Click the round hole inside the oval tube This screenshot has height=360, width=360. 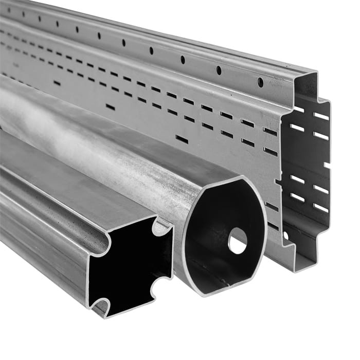point(237,240)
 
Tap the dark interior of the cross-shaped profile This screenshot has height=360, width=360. point(129,265)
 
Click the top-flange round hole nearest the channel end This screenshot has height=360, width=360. point(260,82)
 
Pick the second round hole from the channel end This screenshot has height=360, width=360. point(219,70)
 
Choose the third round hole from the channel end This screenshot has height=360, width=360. point(183,60)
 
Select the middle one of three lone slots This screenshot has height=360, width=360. point(110,107)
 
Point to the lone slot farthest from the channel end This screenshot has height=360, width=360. point(57,83)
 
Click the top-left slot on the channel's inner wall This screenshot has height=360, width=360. point(297,110)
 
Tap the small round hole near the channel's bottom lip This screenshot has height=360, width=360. point(285,236)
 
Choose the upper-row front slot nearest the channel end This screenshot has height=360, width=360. point(270,131)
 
